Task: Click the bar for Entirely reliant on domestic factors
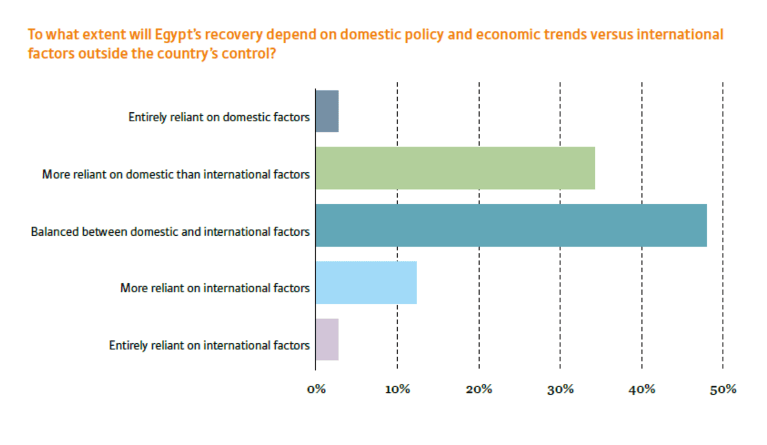327,111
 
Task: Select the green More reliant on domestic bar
455,168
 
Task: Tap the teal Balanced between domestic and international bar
511,226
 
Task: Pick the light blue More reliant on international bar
366,283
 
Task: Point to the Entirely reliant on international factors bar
327,340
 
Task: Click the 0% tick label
316,389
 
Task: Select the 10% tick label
397,389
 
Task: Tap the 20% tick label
478,389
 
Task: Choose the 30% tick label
560,389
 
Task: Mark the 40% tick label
641,389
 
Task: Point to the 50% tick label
723,389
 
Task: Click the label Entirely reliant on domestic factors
219,117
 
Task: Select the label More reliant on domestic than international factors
176,175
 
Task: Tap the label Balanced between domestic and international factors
170,232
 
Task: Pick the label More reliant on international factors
215,288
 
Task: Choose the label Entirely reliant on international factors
209,346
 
